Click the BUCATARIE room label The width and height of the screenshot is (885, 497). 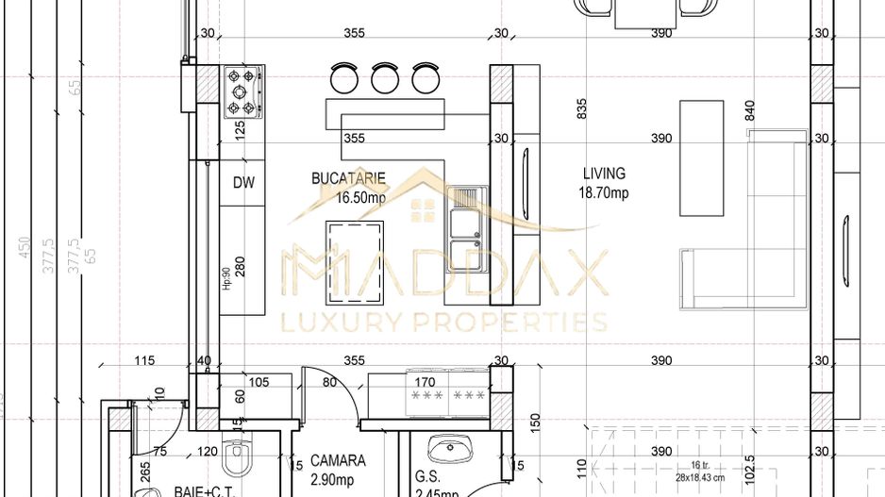click(x=348, y=177)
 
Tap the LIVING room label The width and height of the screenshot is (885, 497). click(x=604, y=174)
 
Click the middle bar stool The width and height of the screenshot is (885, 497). click(x=385, y=77)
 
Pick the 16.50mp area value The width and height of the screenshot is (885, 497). click(x=361, y=198)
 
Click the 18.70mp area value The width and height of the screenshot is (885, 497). click(x=604, y=193)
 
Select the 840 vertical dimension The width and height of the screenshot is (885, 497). click(x=751, y=110)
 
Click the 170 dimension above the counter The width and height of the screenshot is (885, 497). click(x=426, y=382)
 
